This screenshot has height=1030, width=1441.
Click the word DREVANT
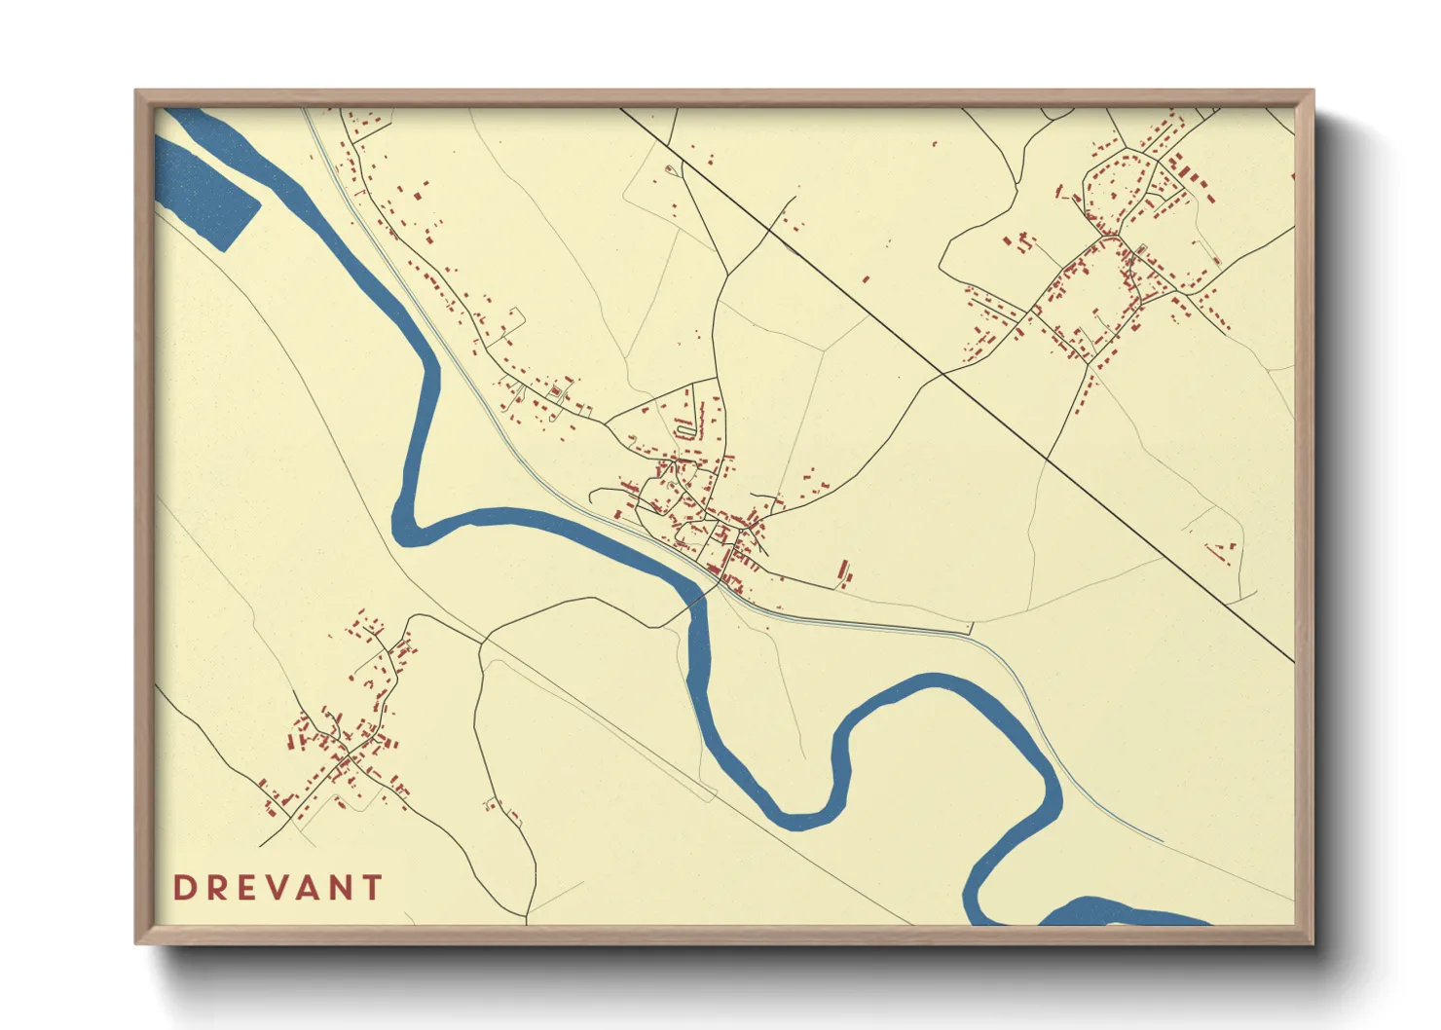coord(277,888)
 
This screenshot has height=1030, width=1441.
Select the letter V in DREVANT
coord(277,888)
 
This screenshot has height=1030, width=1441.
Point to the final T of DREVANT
coord(372,888)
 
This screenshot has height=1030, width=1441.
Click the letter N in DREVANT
coord(340,888)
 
